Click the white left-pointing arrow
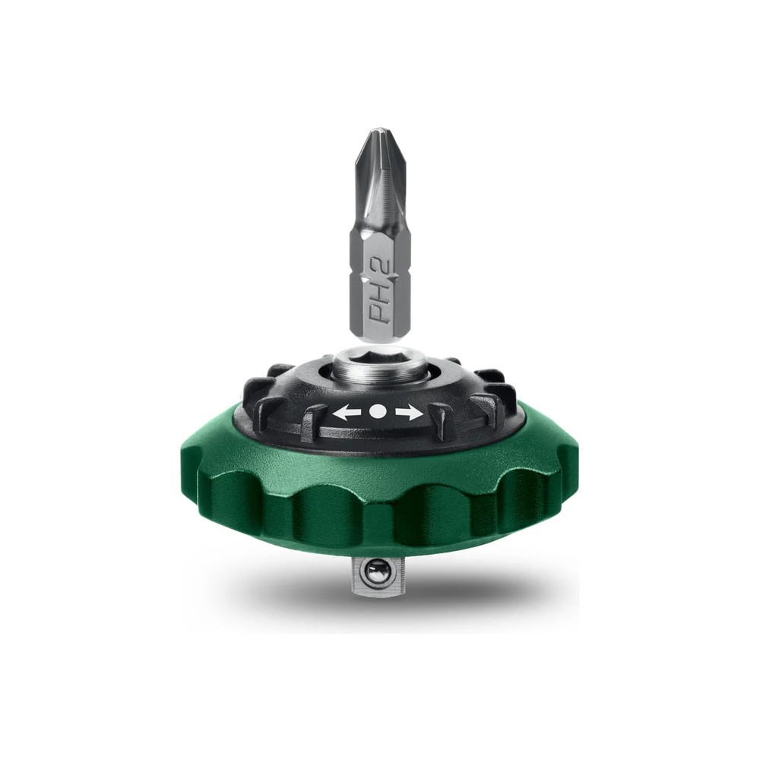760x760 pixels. pyautogui.click(x=347, y=413)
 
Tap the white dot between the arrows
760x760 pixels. pyautogui.click(x=378, y=411)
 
